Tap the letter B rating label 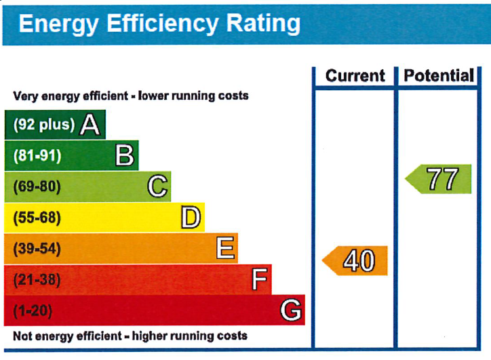point(124,156)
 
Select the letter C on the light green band point(157,186)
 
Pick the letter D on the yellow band point(191,218)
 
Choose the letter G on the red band point(291,311)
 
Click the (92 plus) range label point(44,125)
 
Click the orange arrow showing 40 point(355,260)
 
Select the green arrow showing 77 point(439,180)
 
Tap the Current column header point(355,76)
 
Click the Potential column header point(439,76)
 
